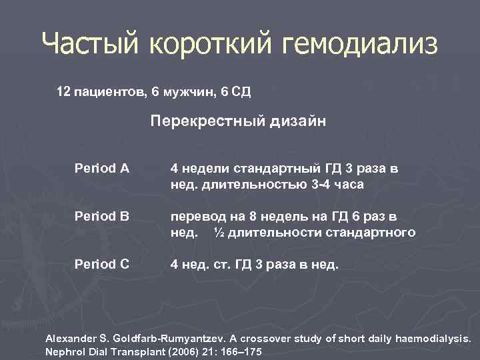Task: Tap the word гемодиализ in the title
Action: click(x=360, y=45)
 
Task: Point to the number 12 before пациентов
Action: click(x=63, y=90)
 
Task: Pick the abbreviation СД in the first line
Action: click(x=241, y=90)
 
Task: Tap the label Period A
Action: click(x=102, y=169)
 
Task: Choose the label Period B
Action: click(x=102, y=217)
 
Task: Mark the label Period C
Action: click(x=102, y=264)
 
